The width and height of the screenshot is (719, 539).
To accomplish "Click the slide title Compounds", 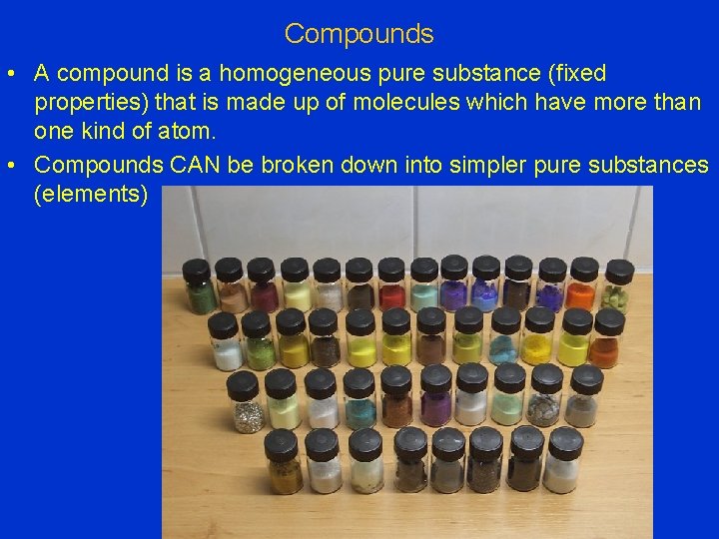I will (359, 34).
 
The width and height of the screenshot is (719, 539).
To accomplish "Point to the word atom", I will (191, 132).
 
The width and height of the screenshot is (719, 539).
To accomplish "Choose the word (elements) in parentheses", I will (90, 194).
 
